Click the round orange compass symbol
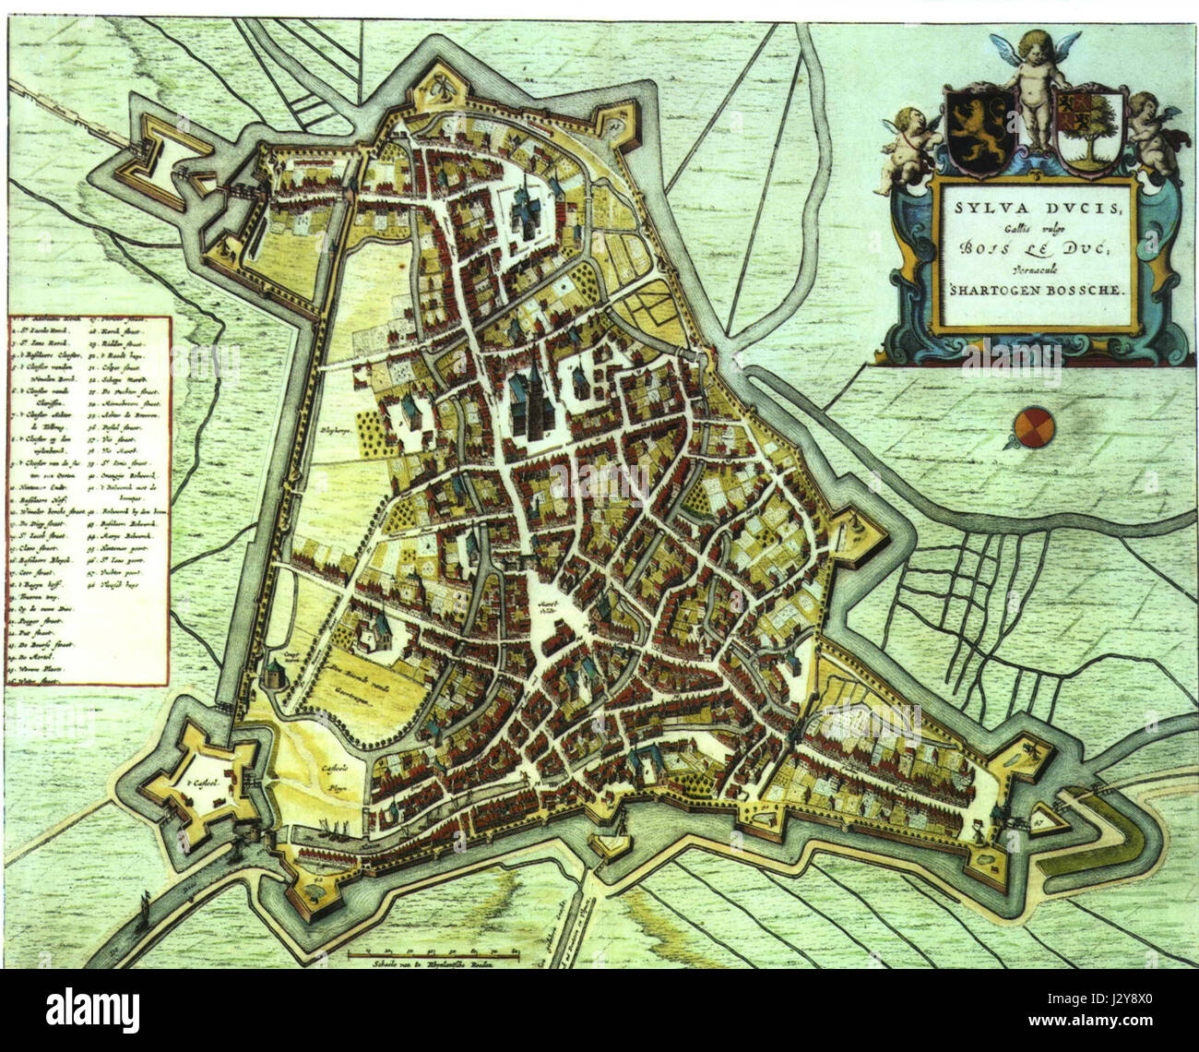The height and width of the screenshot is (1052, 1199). tap(1031, 427)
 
